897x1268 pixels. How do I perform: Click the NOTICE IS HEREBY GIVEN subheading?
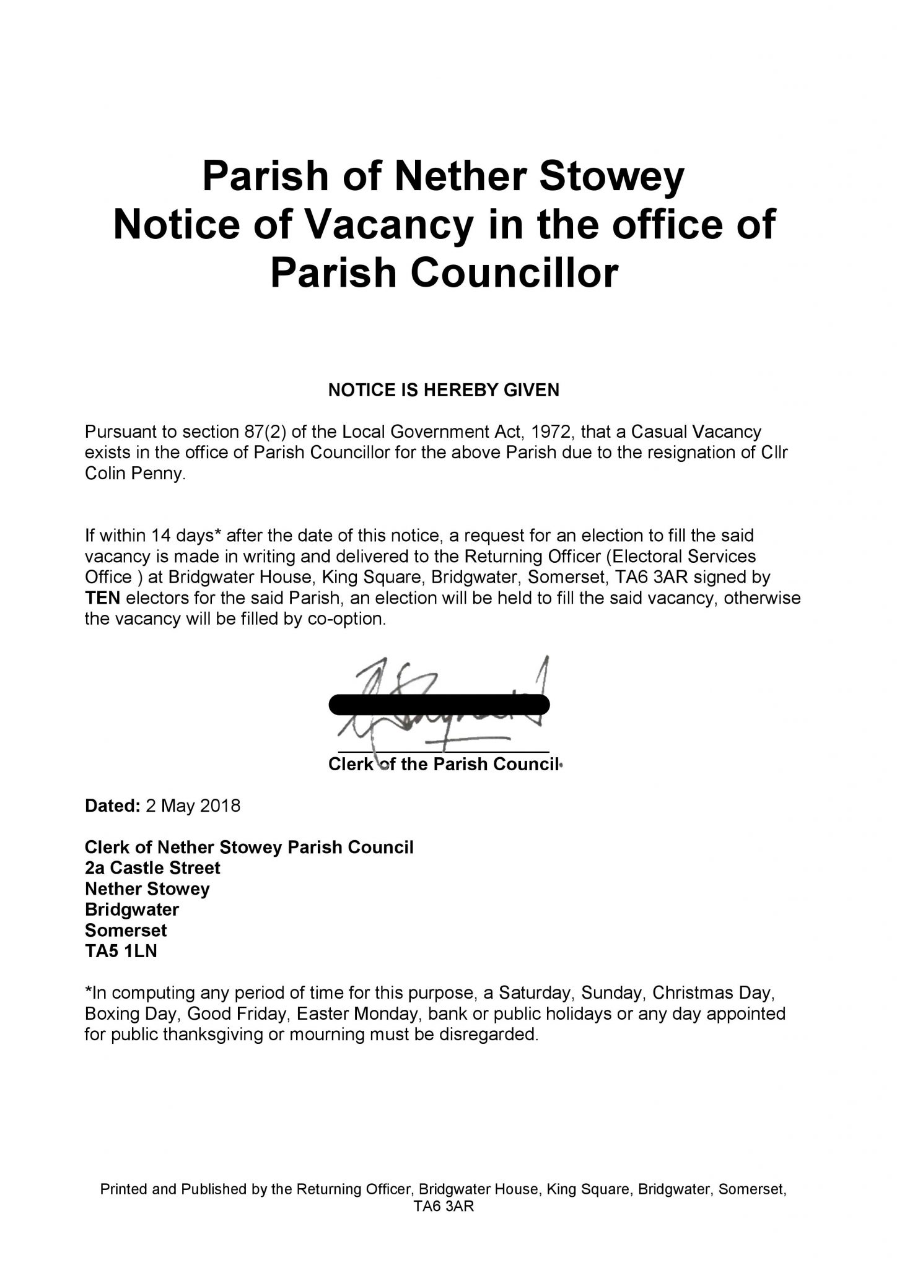tap(443, 390)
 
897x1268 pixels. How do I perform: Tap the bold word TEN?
tap(103, 598)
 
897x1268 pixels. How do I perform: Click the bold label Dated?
tap(112, 806)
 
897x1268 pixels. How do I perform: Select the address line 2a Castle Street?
tap(152, 868)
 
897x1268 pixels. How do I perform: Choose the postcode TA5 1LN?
tap(121, 952)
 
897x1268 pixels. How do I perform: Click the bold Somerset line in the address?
tap(126, 931)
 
